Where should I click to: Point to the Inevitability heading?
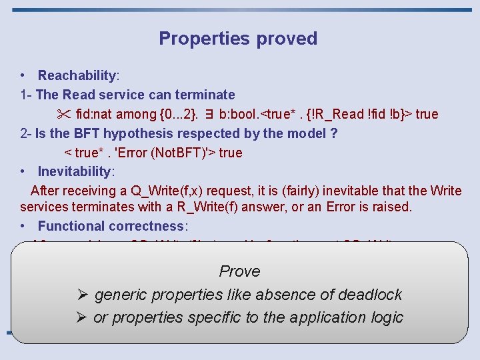coord(75,171)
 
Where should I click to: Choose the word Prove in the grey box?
coord(239,271)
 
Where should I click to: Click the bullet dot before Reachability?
coord(23,75)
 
